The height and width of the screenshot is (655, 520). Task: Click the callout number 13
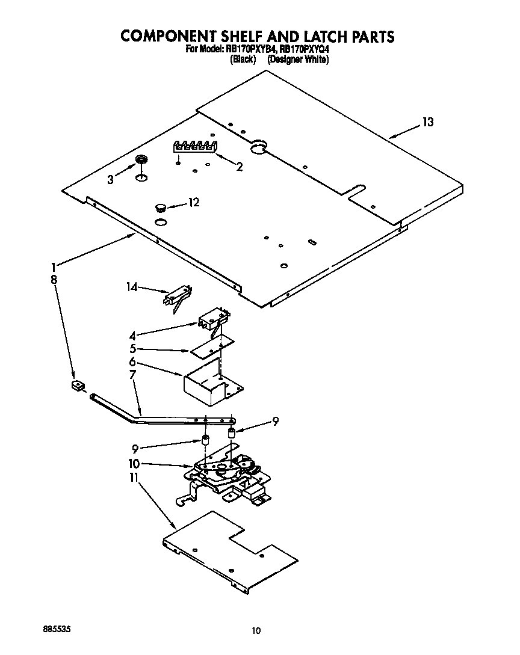click(427, 123)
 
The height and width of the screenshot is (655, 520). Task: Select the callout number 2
click(240, 167)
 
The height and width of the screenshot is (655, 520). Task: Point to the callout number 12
click(193, 203)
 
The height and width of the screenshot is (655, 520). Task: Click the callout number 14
click(132, 288)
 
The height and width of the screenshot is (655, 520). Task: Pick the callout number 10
click(134, 464)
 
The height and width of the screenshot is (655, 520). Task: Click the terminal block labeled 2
click(195, 146)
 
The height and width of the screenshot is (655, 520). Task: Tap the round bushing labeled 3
click(141, 159)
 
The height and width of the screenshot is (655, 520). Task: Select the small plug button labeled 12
click(161, 208)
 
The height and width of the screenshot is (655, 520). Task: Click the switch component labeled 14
click(176, 297)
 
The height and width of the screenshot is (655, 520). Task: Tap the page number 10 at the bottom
click(257, 630)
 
